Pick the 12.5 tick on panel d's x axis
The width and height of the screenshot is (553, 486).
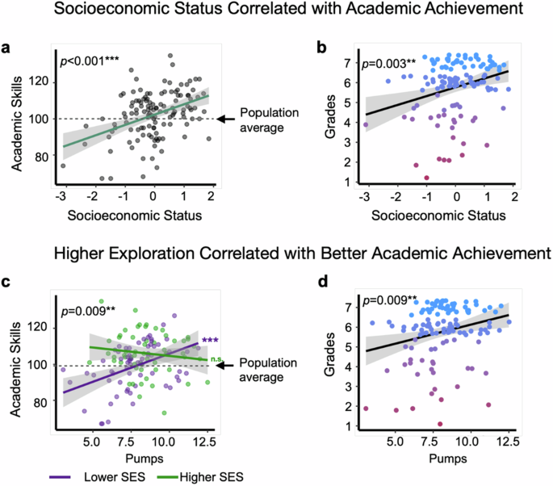507,443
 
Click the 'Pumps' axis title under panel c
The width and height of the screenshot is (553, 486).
132,459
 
